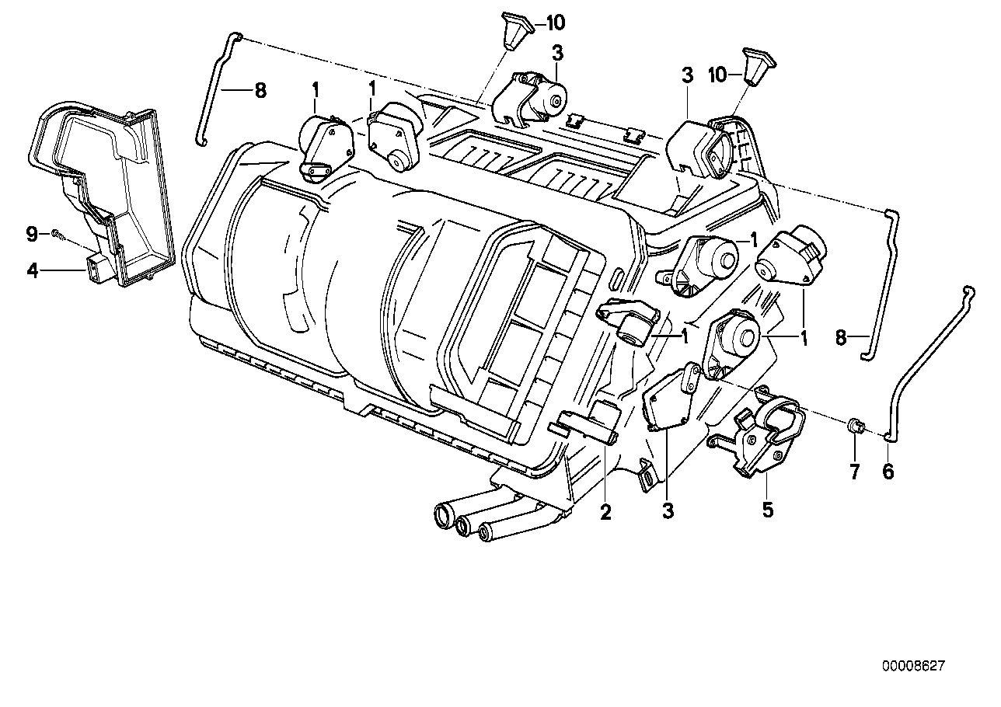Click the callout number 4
point(32,271)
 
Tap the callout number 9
point(32,233)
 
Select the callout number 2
point(605,512)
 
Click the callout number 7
point(855,471)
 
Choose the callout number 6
point(888,471)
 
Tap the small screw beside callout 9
point(57,233)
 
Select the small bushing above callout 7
point(854,426)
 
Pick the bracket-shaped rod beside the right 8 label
point(880,287)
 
